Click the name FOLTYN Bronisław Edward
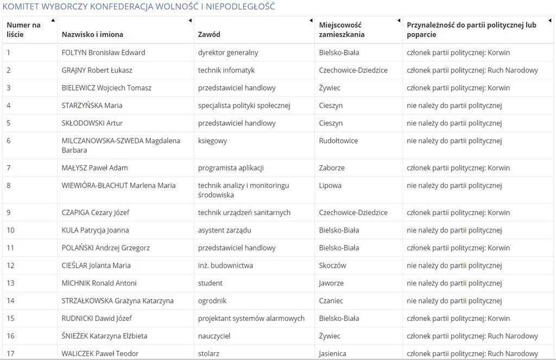click(x=103, y=53)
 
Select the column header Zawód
click(x=209, y=34)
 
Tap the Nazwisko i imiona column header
click(x=92, y=34)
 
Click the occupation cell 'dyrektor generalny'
click(x=228, y=53)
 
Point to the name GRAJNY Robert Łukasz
click(x=97, y=70)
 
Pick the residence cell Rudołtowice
click(x=338, y=141)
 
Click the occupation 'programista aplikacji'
click(x=231, y=168)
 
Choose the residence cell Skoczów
click(x=332, y=266)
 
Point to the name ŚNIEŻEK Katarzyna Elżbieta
click(x=104, y=336)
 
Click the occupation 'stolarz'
click(x=210, y=353)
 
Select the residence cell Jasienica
click(x=332, y=353)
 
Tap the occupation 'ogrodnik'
click(x=212, y=301)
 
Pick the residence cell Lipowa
click(x=330, y=186)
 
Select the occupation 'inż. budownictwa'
click(x=225, y=266)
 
